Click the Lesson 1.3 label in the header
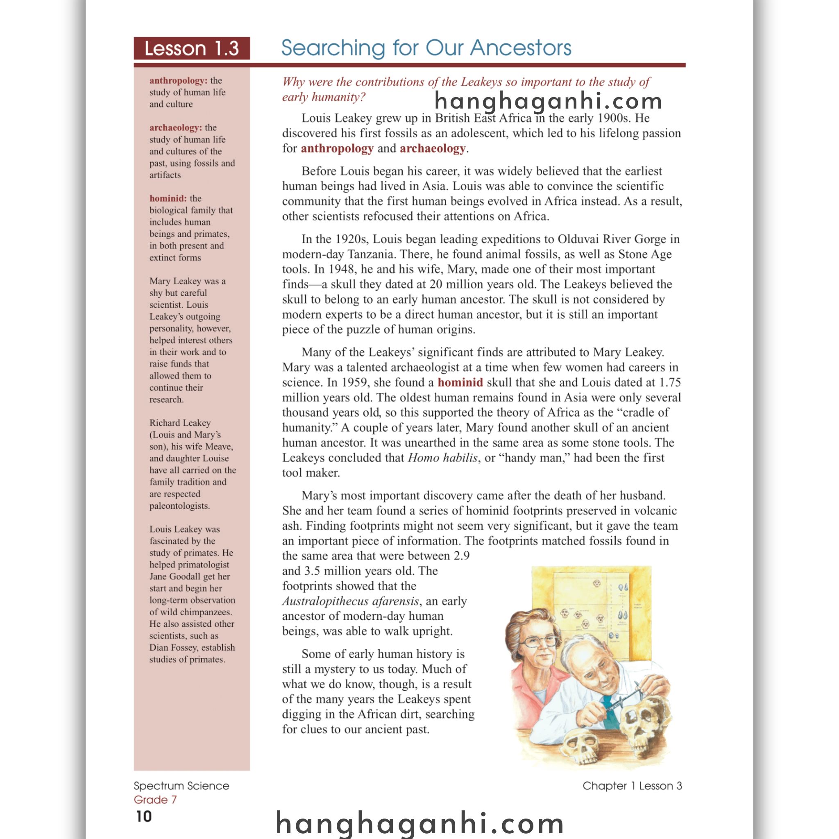point(191,48)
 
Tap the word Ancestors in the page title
point(520,48)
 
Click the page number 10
point(144,816)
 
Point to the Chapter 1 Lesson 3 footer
point(632,786)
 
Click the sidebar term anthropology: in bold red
point(178,81)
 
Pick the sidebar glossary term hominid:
point(168,198)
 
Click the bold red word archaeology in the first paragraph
point(433,149)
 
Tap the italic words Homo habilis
point(442,458)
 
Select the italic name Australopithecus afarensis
point(350,601)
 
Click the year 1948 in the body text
point(342,269)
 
